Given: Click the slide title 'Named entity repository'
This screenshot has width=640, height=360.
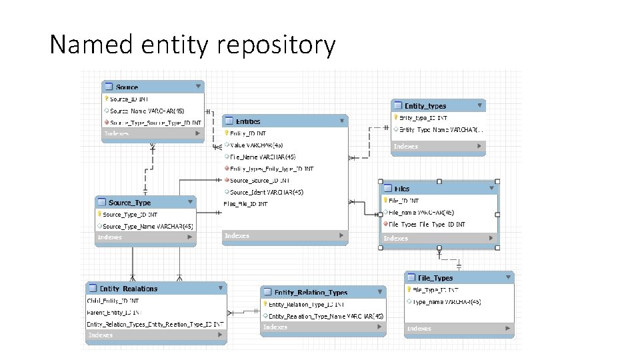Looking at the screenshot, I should pos(193,45).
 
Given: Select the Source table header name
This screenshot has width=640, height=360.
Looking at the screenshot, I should pos(127,87).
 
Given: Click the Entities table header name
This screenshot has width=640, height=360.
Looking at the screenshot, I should pos(248,121).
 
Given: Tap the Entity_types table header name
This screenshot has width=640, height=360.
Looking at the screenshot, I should pos(425,106).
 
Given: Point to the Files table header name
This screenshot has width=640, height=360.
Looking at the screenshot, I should pos(402,189).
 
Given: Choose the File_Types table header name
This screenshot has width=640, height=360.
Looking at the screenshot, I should pos(435,278).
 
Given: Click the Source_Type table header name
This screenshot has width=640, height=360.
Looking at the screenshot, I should pos(129,203).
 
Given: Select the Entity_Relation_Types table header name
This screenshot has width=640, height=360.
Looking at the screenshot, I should pos(311,293).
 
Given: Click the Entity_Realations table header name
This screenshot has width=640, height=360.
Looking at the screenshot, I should pos(128,289).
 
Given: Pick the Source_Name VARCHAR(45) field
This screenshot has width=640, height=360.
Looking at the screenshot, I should pos(147,111).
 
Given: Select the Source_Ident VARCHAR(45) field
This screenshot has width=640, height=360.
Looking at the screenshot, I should pos(267,192).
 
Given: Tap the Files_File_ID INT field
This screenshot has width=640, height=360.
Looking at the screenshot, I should pos(246,204).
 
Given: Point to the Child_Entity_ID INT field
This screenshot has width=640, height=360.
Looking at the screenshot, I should pos(113,301).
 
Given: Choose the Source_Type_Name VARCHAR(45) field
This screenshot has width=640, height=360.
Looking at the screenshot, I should pos(148,227).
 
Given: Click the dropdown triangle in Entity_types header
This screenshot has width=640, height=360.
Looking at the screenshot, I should pos(479,105).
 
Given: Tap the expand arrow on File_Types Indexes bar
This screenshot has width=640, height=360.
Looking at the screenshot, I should pos(507,328).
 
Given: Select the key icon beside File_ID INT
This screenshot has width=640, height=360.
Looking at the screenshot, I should pos(385,200).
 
